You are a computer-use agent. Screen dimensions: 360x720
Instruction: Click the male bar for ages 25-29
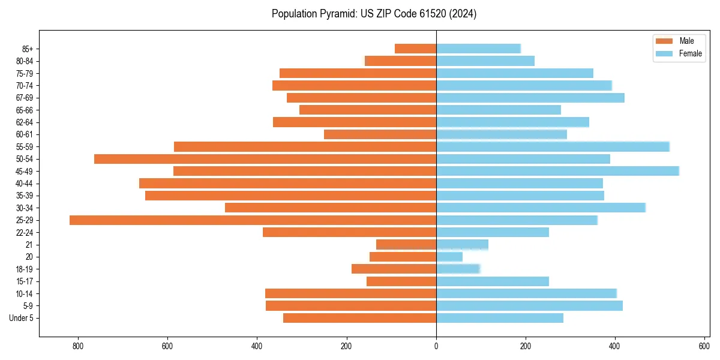253,220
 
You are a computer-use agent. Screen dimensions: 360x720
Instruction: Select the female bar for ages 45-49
557,171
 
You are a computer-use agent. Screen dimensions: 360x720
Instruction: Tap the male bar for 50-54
265,159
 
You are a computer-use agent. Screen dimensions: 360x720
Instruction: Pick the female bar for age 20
449,257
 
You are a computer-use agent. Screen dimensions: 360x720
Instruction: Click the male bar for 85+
415,49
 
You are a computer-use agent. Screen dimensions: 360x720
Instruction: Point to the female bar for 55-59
553,146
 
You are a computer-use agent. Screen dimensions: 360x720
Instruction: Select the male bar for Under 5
359,318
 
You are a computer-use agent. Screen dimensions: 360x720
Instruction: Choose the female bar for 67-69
530,98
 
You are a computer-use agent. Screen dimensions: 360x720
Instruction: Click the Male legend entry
678,41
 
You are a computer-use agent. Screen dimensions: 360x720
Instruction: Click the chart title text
374,14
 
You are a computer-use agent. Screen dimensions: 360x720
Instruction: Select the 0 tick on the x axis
436,346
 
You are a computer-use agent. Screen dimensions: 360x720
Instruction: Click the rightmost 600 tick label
704,346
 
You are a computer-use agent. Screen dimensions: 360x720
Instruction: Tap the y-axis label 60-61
25,134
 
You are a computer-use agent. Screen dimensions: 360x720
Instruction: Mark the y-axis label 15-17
25,281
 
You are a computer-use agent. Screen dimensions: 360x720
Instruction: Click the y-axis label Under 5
22,318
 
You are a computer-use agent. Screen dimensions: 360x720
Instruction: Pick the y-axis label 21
29,245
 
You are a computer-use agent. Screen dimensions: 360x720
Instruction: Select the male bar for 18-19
394,269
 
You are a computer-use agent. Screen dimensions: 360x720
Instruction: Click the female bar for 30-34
541,208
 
